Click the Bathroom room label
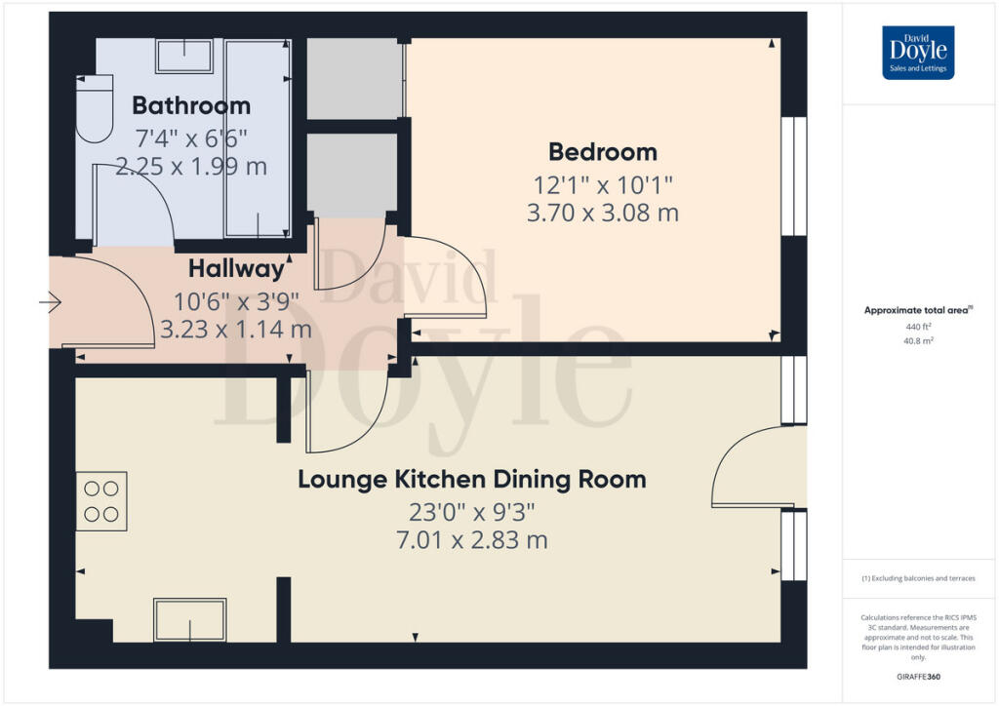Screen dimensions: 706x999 [x=191, y=105]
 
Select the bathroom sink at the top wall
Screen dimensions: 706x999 [x=184, y=56]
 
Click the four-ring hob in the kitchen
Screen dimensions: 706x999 [x=101, y=501]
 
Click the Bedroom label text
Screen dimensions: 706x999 [x=602, y=152]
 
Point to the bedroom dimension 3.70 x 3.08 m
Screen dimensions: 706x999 [x=602, y=213]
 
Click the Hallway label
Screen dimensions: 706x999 [x=236, y=268]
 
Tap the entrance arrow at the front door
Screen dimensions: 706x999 [x=50, y=305]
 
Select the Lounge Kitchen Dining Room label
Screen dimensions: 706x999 [x=471, y=480]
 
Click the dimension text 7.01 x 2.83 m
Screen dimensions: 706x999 [x=471, y=539]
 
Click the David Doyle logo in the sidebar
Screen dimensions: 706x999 [x=917, y=53]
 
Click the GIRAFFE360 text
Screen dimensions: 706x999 [x=918, y=676]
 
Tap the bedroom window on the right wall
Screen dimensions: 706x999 [x=794, y=176]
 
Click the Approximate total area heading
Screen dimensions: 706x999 [x=917, y=311]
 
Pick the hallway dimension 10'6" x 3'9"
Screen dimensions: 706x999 [x=235, y=301]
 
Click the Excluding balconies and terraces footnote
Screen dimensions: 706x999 [x=918, y=578]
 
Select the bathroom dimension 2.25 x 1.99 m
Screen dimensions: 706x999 [x=191, y=167]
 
